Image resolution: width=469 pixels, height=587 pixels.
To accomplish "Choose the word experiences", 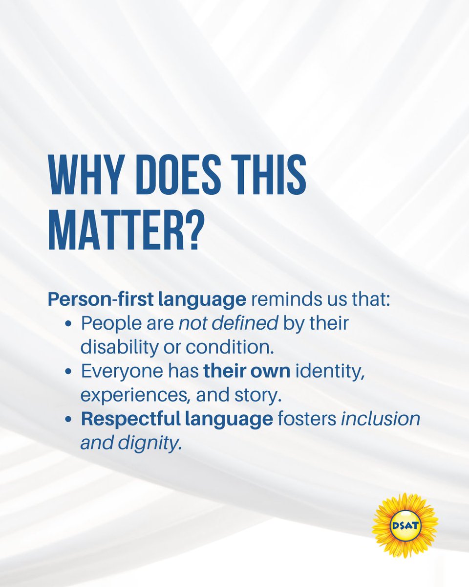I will pyautogui.click(x=133, y=395).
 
